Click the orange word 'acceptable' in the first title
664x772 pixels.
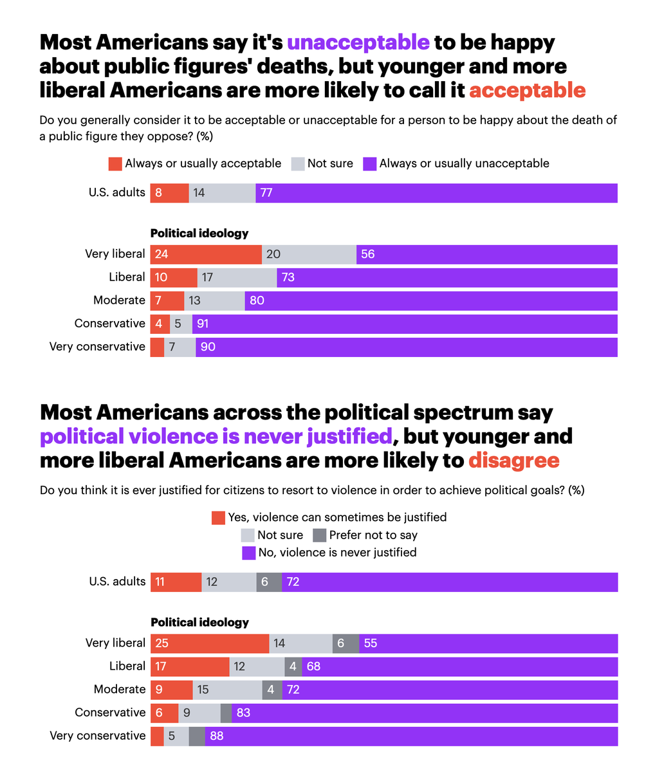pos(527,90)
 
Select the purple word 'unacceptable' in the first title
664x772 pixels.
pos(358,42)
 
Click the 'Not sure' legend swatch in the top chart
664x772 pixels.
pos(298,164)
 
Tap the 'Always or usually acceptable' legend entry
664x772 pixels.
pos(195,163)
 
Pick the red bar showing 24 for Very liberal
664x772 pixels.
pos(206,254)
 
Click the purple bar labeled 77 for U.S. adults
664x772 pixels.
pos(436,193)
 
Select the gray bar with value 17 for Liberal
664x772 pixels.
pos(237,277)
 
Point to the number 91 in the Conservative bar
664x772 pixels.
pos(203,324)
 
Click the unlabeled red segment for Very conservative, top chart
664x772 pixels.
pos(157,347)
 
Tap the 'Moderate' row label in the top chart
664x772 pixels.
pos(119,300)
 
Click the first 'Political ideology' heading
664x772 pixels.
pos(199,234)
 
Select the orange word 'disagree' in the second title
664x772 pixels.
pos(513,461)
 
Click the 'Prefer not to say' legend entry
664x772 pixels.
pos(365,535)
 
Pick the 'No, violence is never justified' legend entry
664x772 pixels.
pos(329,553)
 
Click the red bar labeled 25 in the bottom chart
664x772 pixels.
pos(210,643)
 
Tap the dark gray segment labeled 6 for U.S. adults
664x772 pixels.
pos(269,582)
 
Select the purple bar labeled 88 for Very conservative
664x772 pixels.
pos(411,736)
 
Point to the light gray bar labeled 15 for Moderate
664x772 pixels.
pos(227,690)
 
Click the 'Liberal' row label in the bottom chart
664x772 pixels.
pos(127,666)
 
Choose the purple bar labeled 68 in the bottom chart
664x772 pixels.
pos(459,666)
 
